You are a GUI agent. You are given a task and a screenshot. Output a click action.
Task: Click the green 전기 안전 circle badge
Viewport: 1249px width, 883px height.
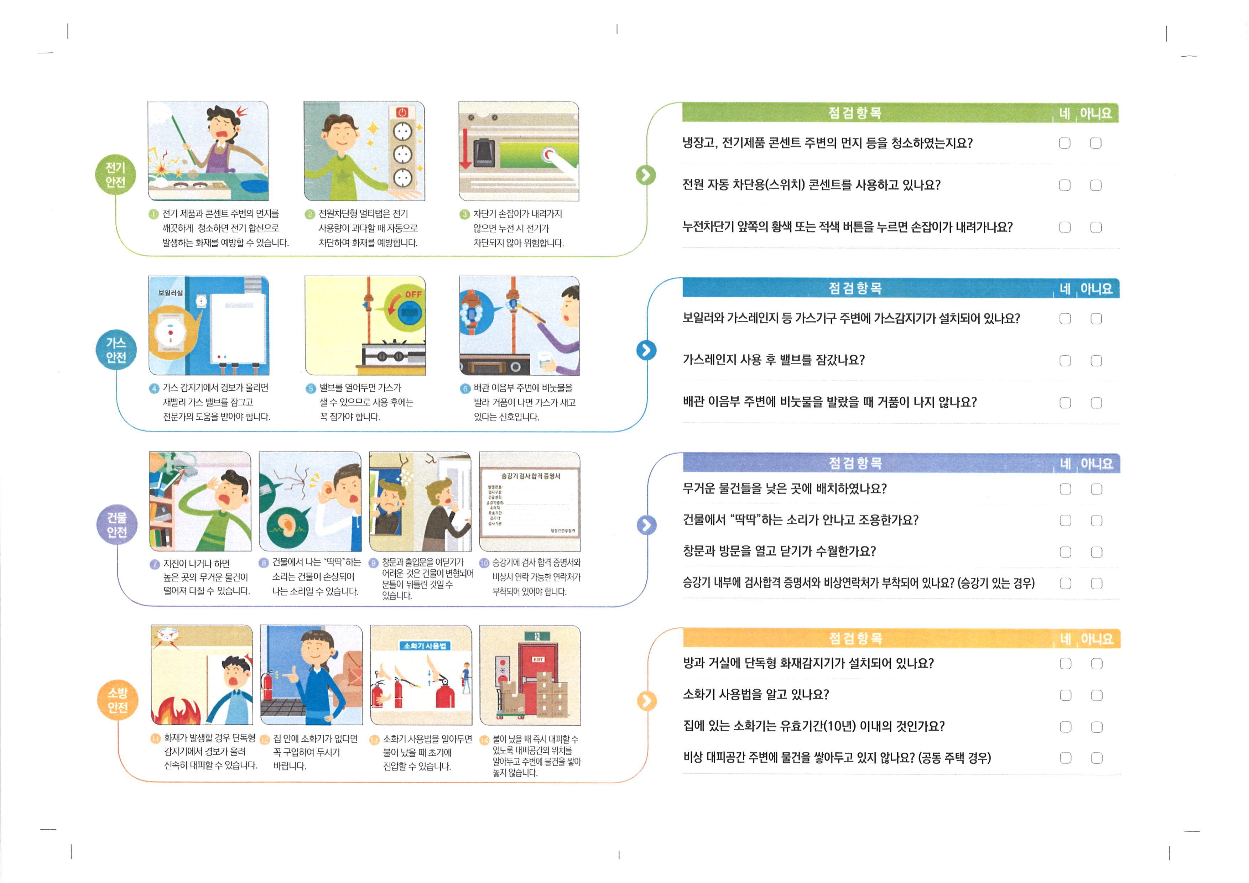115,174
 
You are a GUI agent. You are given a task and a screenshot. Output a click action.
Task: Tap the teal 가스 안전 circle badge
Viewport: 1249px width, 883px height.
116,350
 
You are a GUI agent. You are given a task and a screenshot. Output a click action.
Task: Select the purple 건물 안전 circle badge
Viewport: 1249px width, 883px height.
117,525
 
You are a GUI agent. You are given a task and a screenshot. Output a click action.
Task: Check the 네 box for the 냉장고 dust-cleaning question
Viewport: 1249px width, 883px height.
1065,143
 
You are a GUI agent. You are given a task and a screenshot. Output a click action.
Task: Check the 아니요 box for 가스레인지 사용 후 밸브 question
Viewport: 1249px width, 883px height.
1096,360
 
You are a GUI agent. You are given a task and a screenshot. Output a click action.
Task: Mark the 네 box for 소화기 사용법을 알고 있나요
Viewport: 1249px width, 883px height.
1066,695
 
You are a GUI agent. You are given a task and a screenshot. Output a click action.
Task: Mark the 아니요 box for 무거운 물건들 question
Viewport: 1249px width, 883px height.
1097,489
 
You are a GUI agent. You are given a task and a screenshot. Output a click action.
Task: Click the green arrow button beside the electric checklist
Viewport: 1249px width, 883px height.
646,175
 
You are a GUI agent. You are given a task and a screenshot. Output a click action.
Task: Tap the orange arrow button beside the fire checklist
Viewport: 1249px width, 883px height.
647,701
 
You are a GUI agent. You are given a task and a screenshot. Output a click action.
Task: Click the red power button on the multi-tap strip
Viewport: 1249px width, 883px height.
402,112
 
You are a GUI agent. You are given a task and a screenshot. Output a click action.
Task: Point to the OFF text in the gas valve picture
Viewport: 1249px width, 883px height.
413,294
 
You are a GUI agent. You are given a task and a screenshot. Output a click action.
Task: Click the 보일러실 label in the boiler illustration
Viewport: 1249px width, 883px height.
170,293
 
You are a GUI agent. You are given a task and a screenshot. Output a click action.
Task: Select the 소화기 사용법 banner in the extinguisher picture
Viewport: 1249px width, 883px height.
425,646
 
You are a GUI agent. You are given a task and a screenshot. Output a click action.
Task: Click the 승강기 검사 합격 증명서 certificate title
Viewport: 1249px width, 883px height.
530,476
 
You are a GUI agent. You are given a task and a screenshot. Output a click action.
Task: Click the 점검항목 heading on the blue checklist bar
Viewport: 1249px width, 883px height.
855,288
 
